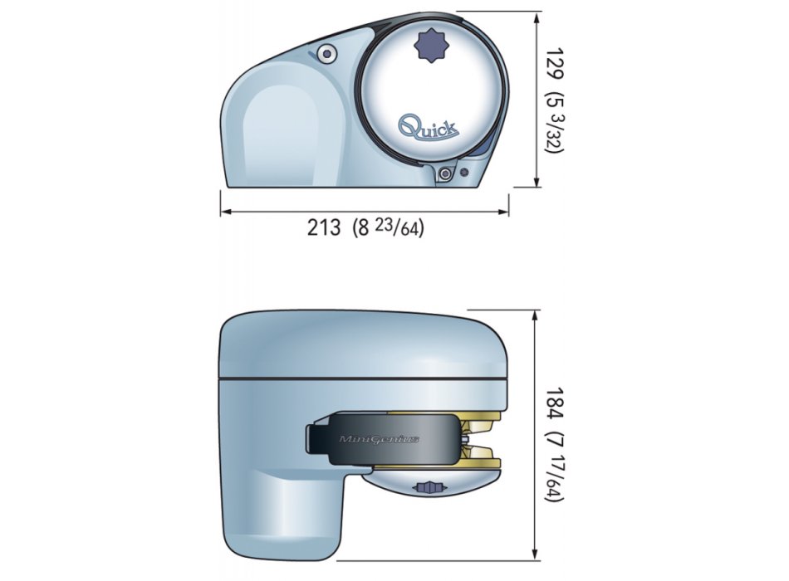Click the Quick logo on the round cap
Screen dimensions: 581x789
[x=429, y=127]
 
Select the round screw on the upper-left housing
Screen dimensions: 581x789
[x=330, y=54]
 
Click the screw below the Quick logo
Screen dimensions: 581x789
[x=447, y=173]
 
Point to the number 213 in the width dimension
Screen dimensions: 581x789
[x=324, y=227]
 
